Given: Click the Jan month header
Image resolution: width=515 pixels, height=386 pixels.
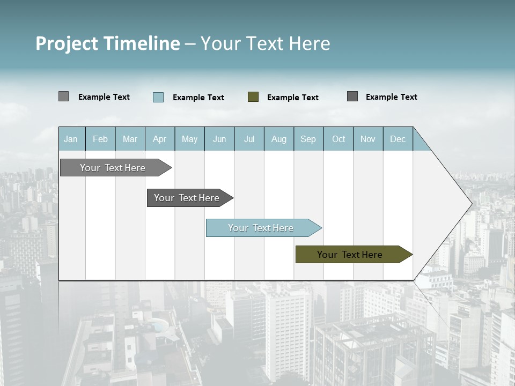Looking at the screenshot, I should pyautogui.click(x=71, y=139).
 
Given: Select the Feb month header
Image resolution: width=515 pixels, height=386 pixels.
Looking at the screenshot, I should pyautogui.click(x=100, y=139).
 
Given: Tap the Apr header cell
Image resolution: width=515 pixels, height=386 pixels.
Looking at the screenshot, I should pyautogui.click(x=160, y=139).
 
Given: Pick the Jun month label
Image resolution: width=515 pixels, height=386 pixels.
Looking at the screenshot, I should pyautogui.click(x=219, y=139).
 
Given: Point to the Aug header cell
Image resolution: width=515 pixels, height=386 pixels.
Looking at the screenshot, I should pyautogui.click(x=279, y=139).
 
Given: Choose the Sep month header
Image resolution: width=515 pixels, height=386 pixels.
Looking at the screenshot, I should pyautogui.click(x=308, y=139).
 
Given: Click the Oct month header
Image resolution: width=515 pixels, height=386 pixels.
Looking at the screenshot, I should pyautogui.click(x=339, y=139).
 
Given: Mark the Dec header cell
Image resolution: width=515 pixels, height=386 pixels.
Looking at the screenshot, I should pyautogui.click(x=398, y=139).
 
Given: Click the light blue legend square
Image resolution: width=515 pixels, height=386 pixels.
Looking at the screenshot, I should pyautogui.click(x=158, y=97).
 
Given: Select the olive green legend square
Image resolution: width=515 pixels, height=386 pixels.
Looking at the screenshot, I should pyautogui.click(x=253, y=96).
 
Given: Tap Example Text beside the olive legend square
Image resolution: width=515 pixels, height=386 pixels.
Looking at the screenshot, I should pyautogui.click(x=293, y=98).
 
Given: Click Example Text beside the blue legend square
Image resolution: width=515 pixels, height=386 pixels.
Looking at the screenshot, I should pyautogui.click(x=198, y=98).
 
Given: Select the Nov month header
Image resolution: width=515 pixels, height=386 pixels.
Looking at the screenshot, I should pyautogui.click(x=368, y=139).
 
